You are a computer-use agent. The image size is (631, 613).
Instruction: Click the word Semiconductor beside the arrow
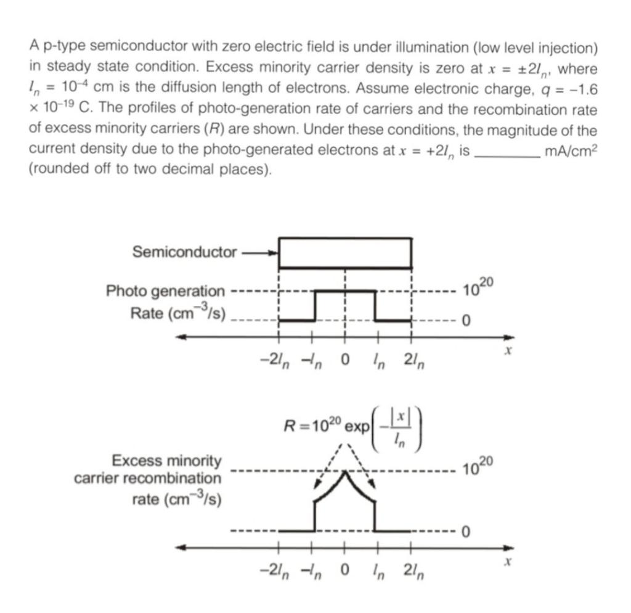(x=184, y=252)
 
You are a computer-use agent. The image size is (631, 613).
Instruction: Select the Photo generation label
(x=165, y=290)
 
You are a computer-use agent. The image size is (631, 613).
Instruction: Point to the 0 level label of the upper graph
(x=466, y=321)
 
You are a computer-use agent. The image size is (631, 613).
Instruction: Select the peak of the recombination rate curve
(x=345, y=472)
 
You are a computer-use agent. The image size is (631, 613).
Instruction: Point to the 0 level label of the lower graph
(x=466, y=531)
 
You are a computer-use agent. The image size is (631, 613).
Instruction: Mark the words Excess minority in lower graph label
(x=166, y=461)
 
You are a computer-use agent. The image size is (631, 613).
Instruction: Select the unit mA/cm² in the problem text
(x=571, y=151)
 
